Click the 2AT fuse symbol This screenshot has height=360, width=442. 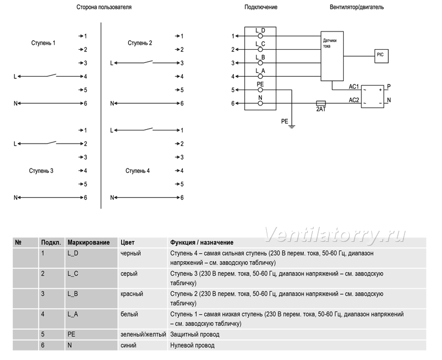321,103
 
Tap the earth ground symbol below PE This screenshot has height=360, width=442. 292,126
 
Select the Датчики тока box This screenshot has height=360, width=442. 332,56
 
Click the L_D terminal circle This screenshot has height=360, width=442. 260,36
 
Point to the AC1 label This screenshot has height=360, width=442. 354,87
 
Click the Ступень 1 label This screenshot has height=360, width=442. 43,43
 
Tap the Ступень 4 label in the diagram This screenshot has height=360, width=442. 138,171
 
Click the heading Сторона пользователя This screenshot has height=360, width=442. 104,7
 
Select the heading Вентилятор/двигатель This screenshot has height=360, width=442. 356,7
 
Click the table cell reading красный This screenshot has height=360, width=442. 131,294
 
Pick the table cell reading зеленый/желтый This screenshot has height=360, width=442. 143,335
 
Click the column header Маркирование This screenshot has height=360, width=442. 88,242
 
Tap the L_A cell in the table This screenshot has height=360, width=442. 72,314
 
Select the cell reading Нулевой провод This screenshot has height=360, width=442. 192,345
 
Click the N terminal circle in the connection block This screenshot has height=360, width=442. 260,103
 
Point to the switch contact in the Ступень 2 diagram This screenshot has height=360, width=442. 148,62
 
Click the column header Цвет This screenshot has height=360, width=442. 128,242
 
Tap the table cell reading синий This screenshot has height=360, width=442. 128,345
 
